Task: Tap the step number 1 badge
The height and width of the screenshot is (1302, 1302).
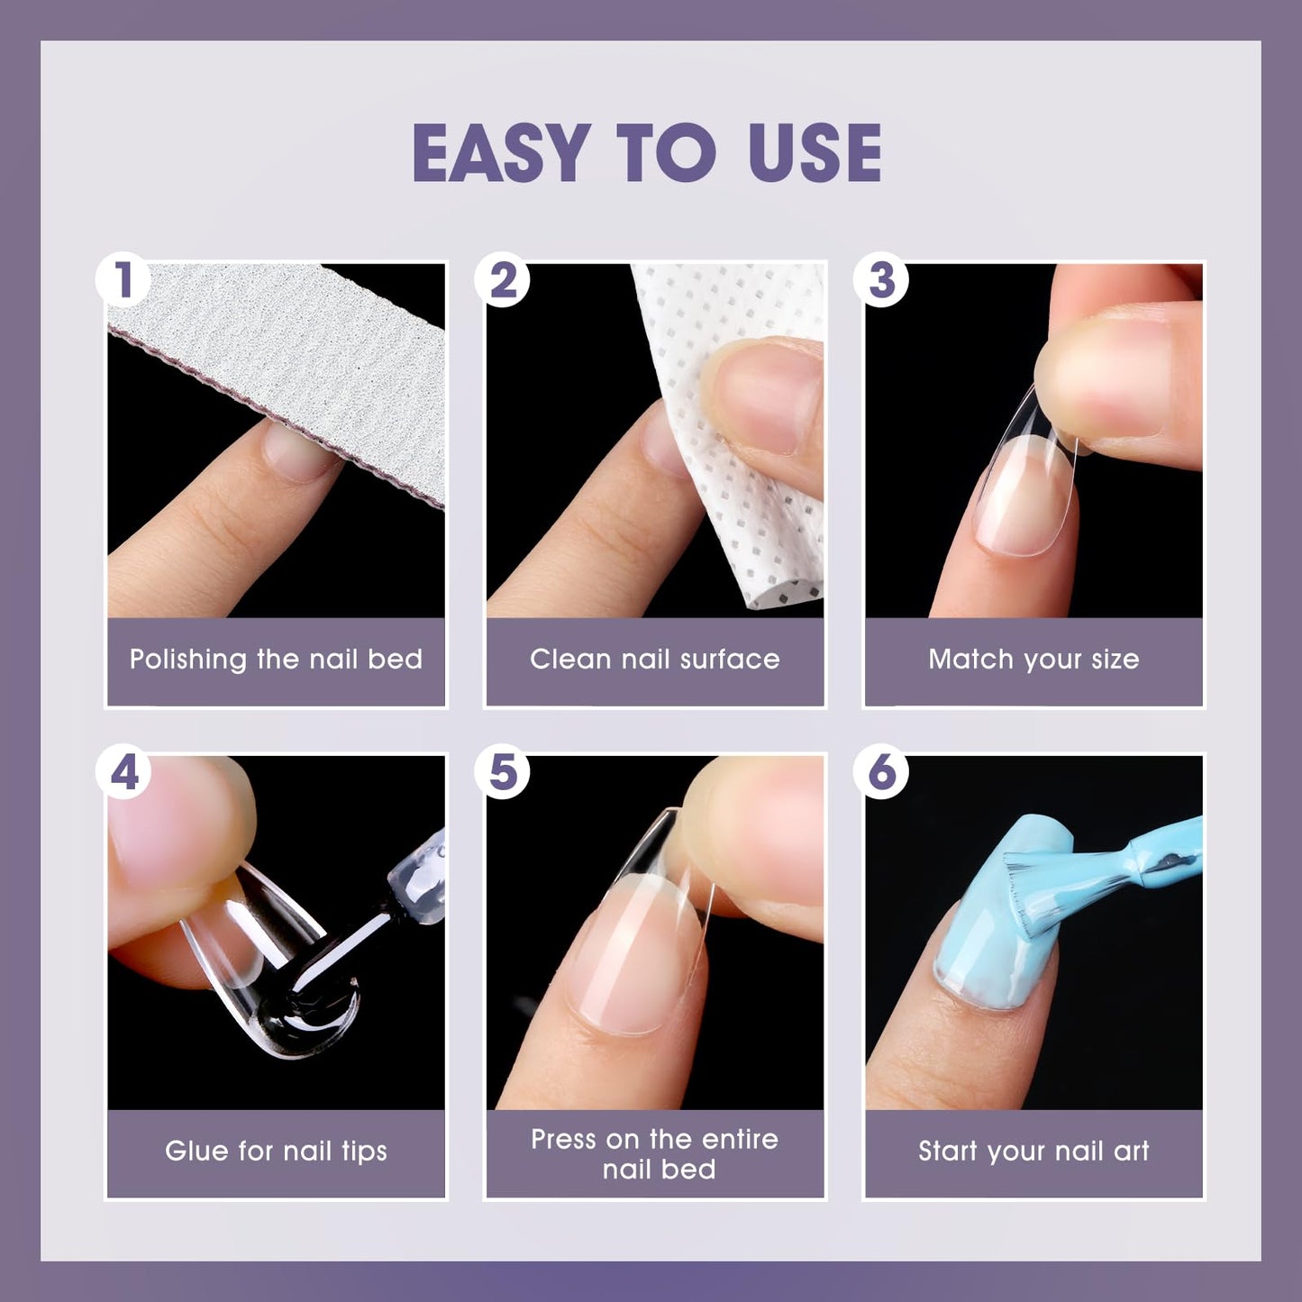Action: point(123,280)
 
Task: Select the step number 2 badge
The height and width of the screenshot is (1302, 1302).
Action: point(503,280)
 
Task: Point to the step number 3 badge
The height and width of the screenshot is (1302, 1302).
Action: point(881,280)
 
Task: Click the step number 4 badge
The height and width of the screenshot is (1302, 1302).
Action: point(123,772)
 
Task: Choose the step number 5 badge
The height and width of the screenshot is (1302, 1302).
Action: point(503,772)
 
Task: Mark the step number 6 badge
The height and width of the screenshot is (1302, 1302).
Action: point(881,772)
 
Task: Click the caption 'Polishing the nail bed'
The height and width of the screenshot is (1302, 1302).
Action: point(276,660)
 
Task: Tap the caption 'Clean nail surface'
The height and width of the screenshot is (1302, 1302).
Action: point(654,660)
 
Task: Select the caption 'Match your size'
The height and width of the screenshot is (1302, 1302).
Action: point(1033,660)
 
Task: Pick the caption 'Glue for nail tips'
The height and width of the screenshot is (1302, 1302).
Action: point(276,1151)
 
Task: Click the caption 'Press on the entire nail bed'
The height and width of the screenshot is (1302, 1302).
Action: point(654,1153)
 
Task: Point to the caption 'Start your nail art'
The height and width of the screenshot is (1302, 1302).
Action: point(1033,1151)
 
